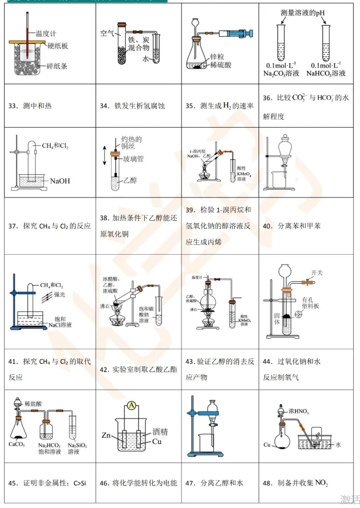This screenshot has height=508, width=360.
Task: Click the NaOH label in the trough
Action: pos(59,181)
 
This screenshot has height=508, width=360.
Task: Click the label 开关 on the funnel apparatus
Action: pos(317,273)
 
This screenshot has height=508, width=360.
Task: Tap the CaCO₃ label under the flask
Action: pos(19,444)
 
